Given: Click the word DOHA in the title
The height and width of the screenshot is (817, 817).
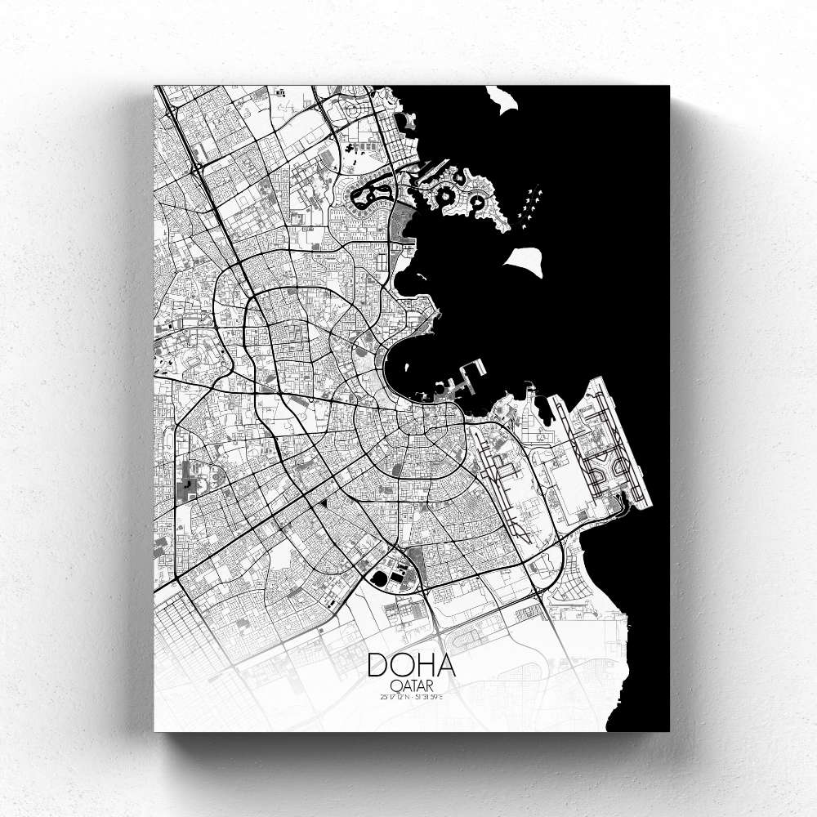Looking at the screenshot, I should [x=411, y=664].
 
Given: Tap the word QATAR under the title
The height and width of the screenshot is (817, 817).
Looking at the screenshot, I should [x=411, y=685].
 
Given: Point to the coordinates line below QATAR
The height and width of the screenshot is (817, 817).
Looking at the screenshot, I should [x=411, y=696].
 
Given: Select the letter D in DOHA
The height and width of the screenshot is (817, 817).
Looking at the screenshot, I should [x=378, y=664].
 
